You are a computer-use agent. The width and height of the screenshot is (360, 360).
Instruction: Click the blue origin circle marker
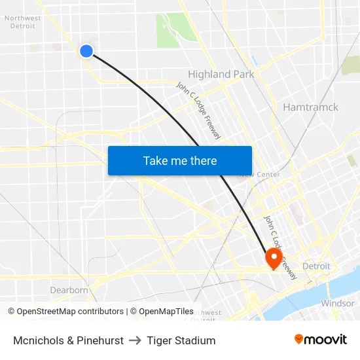pyautogui.click(x=86, y=50)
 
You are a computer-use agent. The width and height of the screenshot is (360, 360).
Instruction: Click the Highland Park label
pyautogui.click(x=221, y=74)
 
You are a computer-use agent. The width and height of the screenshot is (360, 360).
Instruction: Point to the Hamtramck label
pyautogui.click(x=310, y=107)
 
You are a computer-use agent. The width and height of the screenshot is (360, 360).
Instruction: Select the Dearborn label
pyautogui.click(x=69, y=290)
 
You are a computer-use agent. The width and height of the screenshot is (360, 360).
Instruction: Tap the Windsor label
pyautogui.click(x=337, y=304)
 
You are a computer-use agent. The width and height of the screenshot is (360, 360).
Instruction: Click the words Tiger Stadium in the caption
pyautogui.click(x=181, y=340)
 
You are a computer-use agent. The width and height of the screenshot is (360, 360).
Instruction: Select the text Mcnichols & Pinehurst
pyautogui.click(x=68, y=340)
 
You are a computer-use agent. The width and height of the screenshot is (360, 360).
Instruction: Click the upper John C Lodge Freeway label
pyautogui.click(x=199, y=110)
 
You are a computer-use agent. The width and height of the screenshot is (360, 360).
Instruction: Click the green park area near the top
pyautogui.click(x=172, y=29)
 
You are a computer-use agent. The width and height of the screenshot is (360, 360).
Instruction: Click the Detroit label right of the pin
pyautogui.click(x=316, y=266)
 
